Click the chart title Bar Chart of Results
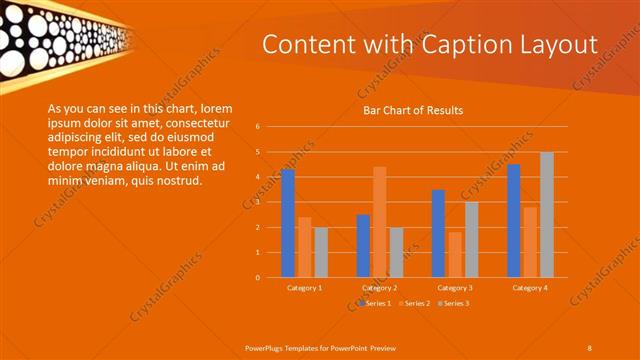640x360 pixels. coord(413,110)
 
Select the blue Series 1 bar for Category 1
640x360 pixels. coord(288,223)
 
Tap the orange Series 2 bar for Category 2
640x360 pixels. coord(379,222)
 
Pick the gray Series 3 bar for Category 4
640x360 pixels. coord(546,214)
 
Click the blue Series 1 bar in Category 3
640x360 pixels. coord(438,233)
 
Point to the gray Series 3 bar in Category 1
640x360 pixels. coord(320,252)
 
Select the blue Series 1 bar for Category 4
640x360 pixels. coord(513,220)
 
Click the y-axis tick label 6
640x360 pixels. coord(258,127)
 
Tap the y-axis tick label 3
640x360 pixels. coord(258,202)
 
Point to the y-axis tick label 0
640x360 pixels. coord(258,277)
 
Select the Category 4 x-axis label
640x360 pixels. coord(530,288)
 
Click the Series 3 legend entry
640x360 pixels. coord(455,302)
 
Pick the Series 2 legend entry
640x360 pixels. coord(416,302)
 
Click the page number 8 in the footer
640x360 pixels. coord(589,347)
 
